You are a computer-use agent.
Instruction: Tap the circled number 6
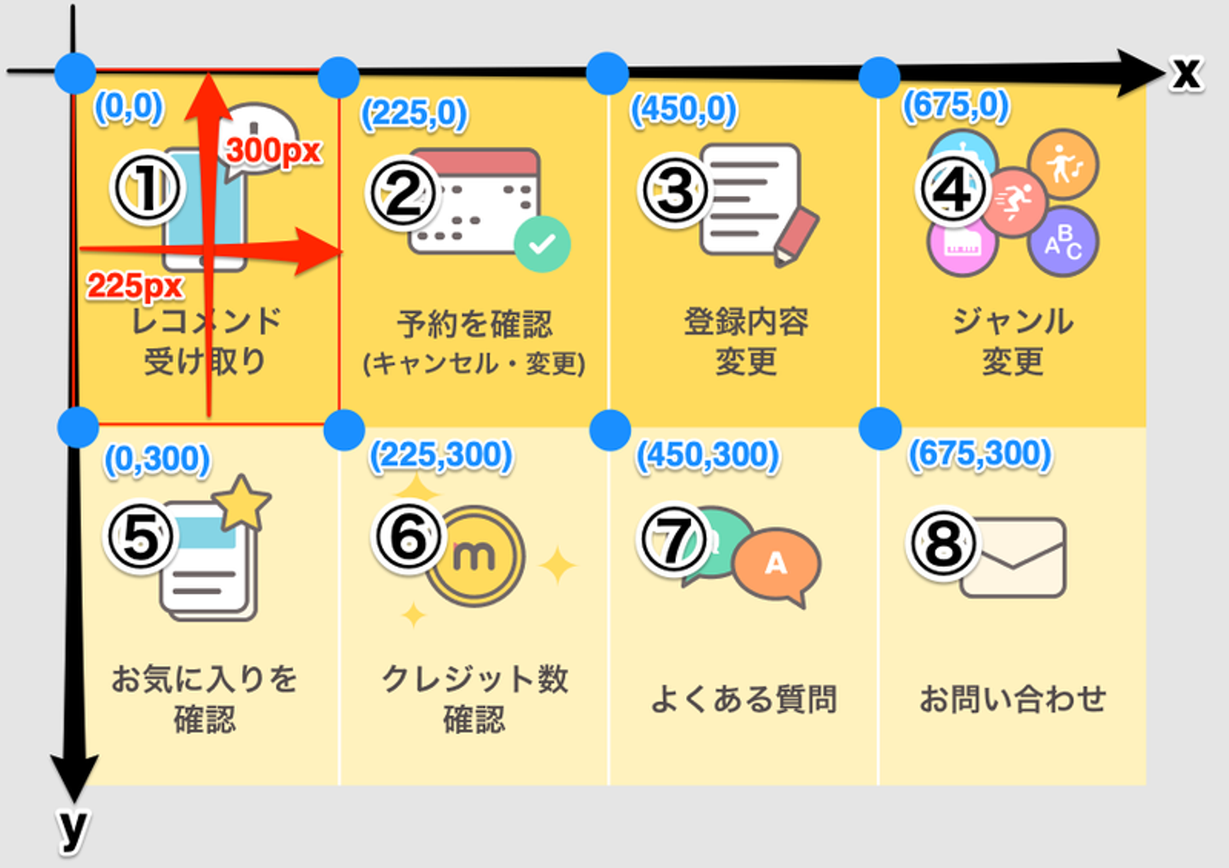tap(408, 538)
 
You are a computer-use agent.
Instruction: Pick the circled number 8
tap(943, 543)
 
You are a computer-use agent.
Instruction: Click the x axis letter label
tap(1185, 73)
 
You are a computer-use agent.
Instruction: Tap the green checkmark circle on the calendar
tap(542, 244)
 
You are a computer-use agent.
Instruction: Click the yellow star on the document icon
tap(244, 502)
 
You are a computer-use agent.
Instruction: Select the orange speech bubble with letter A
tap(777, 564)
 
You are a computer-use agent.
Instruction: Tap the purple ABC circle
tap(1063, 242)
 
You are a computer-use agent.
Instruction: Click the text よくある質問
tap(743, 699)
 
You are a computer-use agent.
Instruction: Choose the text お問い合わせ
tap(1012, 699)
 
